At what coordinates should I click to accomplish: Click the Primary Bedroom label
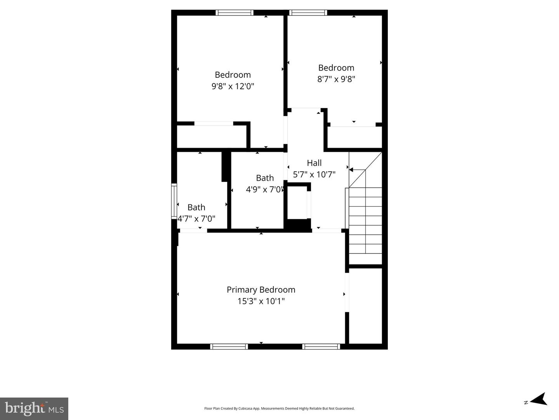tap(261, 290)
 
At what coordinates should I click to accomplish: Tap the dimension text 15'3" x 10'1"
tap(261, 301)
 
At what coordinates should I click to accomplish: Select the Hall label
tap(314, 163)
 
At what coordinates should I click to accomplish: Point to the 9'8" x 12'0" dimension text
tap(233, 86)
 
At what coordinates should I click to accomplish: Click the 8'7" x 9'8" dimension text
tap(336, 79)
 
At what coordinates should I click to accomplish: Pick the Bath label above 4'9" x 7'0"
tap(265, 178)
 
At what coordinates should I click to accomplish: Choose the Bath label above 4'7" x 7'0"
tap(196, 207)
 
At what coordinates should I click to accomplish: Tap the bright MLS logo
tap(34, 408)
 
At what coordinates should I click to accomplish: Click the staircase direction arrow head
tap(351, 169)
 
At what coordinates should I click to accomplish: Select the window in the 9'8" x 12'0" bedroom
tap(234, 12)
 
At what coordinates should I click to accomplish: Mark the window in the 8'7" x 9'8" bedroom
tap(308, 12)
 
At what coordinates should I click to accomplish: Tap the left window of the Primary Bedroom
tap(229, 347)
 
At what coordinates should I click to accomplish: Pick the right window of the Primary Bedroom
tap(321, 347)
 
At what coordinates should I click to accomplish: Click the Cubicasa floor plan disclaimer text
tap(279, 408)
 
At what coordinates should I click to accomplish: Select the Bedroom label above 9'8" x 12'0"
tap(233, 75)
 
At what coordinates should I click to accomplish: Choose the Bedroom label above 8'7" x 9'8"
tap(336, 68)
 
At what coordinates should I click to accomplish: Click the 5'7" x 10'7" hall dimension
tap(314, 175)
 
